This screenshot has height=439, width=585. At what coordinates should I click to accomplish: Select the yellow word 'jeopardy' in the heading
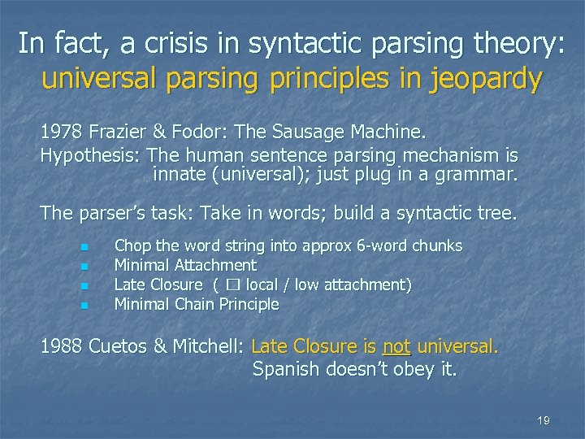(484, 78)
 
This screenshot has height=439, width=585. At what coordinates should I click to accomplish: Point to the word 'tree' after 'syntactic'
(496, 214)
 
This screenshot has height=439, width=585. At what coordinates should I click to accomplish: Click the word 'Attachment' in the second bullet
(217, 265)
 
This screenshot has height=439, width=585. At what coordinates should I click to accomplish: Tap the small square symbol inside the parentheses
(235, 285)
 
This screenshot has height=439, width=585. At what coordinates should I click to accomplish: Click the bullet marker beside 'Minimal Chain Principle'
(83, 306)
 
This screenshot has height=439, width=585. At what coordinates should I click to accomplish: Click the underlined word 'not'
(396, 346)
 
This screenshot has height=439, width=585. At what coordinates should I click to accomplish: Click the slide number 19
(544, 420)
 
